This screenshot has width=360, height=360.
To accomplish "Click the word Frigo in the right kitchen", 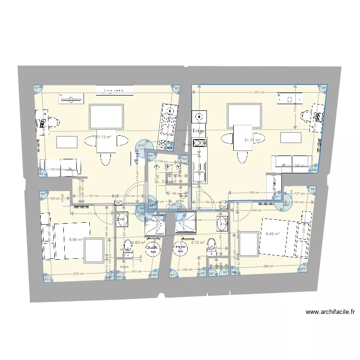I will pyautogui.click(x=198, y=131).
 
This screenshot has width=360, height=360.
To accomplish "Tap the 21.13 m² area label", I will pyautogui.click(x=103, y=137).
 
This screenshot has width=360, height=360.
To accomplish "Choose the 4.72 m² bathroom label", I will pyautogui.click(x=198, y=243).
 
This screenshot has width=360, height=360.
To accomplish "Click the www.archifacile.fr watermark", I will pyautogui.click(x=330, y=312).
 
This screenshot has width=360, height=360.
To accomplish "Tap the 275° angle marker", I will pyautogui.click(x=142, y=145).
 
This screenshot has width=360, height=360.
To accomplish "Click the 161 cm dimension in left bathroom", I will pyautogui.click(x=137, y=272).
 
